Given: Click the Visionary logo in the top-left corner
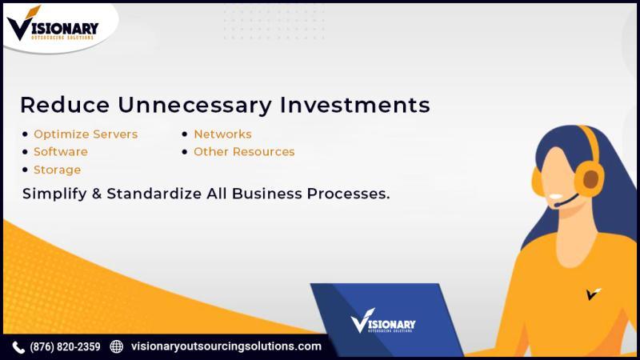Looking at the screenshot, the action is (53, 24).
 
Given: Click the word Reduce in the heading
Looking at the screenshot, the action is (65, 105).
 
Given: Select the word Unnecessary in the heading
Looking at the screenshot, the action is (194, 106).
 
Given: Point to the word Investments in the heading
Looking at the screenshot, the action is (354, 105).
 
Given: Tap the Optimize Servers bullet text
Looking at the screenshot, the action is (86, 134).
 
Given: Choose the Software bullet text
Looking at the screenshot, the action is (61, 152).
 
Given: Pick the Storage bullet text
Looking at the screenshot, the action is (57, 170).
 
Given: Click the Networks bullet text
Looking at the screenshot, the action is (222, 134).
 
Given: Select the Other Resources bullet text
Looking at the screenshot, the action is (244, 152).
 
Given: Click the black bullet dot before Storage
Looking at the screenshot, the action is (26, 170).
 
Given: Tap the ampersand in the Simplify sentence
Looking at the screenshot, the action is (97, 194).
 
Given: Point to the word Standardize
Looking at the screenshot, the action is (154, 194).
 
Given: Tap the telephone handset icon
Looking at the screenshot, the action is (18, 347).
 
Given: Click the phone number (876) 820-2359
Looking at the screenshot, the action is (65, 347).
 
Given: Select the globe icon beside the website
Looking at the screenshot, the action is (116, 346).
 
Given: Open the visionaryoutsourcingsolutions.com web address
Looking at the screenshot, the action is (226, 346).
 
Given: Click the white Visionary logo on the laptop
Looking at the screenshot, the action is (383, 321).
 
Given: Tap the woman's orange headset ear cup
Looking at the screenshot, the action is (590, 178).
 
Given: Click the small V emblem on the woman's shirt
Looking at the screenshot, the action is (594, 294).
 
